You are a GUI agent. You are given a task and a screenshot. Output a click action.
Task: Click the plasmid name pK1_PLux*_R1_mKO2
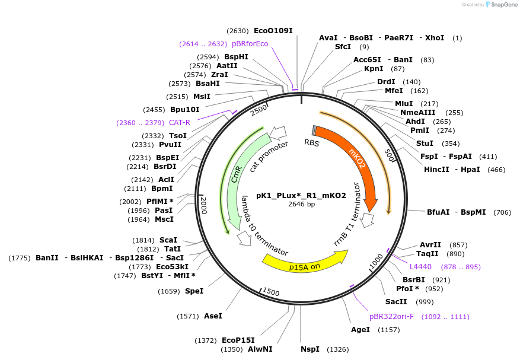coord(301,195)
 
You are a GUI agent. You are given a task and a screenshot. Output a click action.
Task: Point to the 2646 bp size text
coord(301,205)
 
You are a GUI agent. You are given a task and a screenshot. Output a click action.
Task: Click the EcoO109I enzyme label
coord(273,31)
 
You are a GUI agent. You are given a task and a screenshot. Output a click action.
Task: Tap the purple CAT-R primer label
coord(179,123)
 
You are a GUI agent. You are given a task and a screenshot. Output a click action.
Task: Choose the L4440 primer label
coord(420,267)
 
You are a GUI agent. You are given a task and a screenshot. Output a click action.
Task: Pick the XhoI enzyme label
coord(434,38)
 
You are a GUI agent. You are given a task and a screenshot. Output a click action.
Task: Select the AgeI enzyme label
coord(360,329)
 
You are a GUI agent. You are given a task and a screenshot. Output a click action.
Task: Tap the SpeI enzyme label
coord(194,291)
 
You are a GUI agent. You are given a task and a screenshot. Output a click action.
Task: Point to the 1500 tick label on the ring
coord(270,292)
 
